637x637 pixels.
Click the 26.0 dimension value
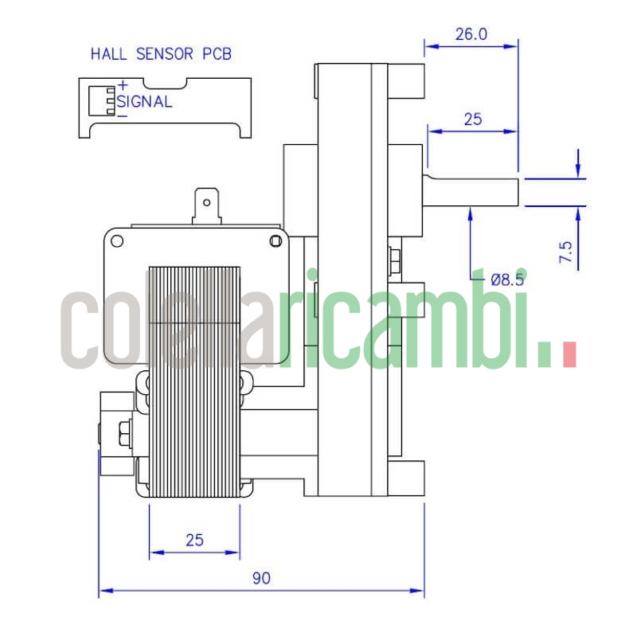(471, 34)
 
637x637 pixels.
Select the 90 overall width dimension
(261, 579)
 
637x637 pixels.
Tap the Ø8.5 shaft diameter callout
(507, 279)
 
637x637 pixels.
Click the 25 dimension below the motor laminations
(194, 540)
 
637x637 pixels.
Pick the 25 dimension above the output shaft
(473, 119)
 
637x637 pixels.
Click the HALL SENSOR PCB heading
(161, 54)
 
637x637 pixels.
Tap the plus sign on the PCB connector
(123, 86)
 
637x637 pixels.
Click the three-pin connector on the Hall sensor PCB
(111, 100)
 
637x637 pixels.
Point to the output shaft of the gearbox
(473, 192)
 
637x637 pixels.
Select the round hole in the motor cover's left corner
(118, 240)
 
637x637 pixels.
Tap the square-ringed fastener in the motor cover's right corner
(276, 240)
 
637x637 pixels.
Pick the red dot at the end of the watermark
(569, 354)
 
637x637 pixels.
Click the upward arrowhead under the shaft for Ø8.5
(472, 212)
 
